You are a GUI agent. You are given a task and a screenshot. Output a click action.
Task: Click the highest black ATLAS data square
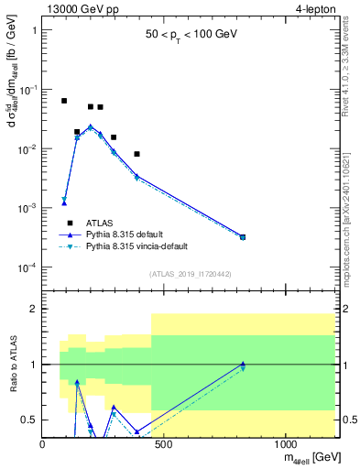tap(64, 101)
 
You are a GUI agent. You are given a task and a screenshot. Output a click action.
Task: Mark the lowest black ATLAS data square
tap(136, 154)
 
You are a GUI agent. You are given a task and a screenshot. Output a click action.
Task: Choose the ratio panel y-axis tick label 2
tap(34, 309)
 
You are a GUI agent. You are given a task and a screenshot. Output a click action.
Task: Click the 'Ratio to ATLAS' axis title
tap(12, 364)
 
